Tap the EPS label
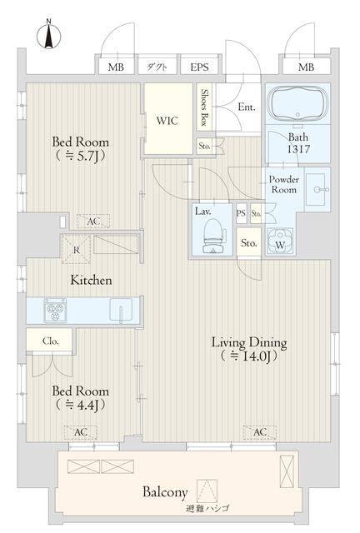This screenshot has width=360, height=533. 199,67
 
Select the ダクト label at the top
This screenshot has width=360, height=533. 157,67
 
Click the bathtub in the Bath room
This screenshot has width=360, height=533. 298,106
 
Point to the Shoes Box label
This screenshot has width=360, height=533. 204,107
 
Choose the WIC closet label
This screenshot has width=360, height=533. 167,120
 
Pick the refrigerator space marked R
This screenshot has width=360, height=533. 77,247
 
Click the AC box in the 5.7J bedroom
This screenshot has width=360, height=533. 92,222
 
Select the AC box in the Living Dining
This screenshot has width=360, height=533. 260,432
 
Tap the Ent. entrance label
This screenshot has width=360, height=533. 246,107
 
